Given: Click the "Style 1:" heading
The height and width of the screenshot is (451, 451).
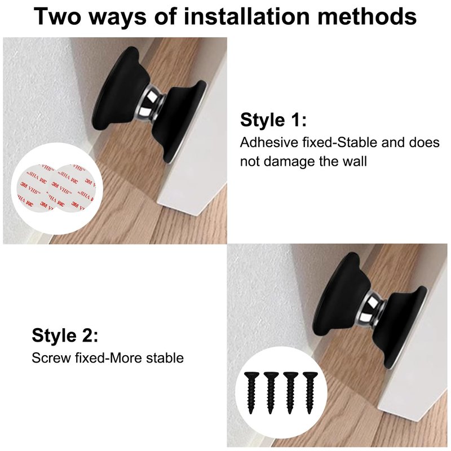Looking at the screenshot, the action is (273, 120).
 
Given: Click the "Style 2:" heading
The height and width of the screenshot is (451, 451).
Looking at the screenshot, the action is (65, 335).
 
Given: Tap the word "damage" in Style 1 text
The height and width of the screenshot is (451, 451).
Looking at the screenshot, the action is (289, 162).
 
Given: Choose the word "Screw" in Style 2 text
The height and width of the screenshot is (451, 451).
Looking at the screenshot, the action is (51, 358).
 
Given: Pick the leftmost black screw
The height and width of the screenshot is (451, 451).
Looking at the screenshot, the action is (251, 392).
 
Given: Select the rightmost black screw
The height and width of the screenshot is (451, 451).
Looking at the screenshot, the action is (310, 392).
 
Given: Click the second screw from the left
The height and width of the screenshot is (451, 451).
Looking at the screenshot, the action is (271, 392).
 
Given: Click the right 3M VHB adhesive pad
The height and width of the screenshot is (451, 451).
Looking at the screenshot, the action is (74, 188).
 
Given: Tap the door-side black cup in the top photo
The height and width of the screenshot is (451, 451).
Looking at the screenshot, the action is (178, 121).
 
